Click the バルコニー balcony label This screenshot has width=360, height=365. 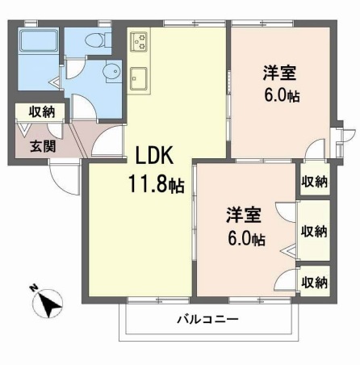207,319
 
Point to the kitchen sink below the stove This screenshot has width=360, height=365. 137,78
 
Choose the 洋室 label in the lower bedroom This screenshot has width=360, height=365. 242,216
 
